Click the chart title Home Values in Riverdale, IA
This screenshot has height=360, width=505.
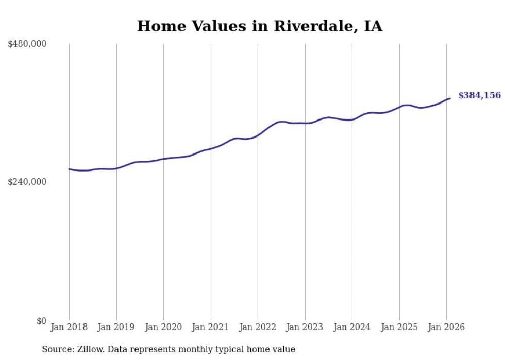click(260, 26)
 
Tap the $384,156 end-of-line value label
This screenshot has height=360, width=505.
click(479, 95)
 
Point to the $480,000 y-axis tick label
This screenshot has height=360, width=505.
click(27, 44)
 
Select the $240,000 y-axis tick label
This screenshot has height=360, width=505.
click(27, 182)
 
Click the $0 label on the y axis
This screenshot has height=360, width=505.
click(41, 321)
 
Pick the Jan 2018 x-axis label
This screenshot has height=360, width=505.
click(69, 328)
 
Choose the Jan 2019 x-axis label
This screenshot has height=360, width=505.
click(116, 328)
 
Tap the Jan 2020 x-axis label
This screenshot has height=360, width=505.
click(163, 328)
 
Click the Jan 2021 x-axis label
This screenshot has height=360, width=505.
click(211, 328)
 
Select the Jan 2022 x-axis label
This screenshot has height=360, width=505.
click(258, 328)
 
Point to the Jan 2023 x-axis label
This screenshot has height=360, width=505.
click(305, 328)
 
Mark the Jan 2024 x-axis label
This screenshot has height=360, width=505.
click(352, 328)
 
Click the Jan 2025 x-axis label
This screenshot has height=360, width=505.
click(399, 328)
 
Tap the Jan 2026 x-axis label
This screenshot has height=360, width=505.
click(446, 328)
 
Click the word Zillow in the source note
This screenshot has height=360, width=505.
click(90, 349)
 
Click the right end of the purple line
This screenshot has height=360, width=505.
click(450, 98)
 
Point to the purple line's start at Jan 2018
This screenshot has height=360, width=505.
click(69, 169)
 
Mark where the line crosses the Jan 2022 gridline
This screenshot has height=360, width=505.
click(258, 135)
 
